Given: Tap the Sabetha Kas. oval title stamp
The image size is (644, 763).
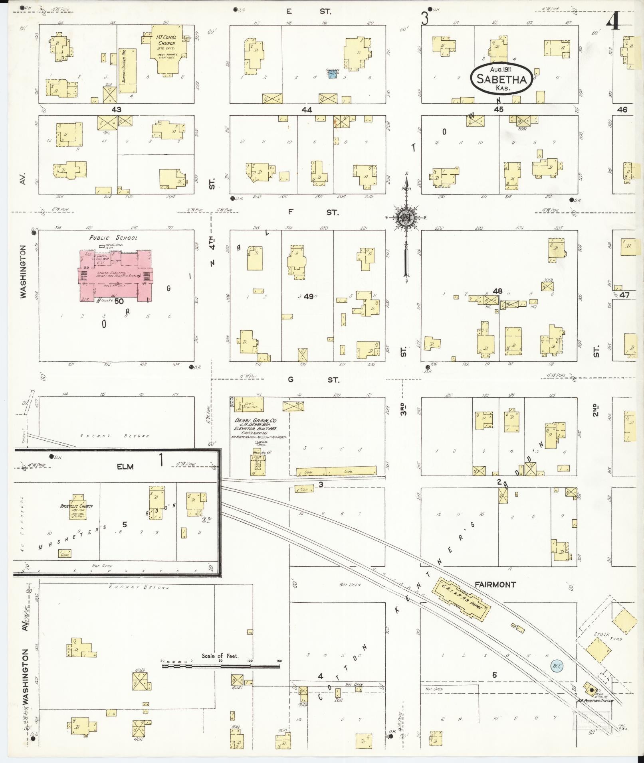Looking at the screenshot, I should click(501, 80).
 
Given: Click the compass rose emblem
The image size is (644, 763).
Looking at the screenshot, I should click(406, 217).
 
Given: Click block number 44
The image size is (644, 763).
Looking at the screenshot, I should click(307, 109).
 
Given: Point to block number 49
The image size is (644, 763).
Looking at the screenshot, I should click(308, 296).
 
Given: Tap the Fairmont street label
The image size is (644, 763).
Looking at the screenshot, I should click(495, 584).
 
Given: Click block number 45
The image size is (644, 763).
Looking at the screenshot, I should click(498, 109).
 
